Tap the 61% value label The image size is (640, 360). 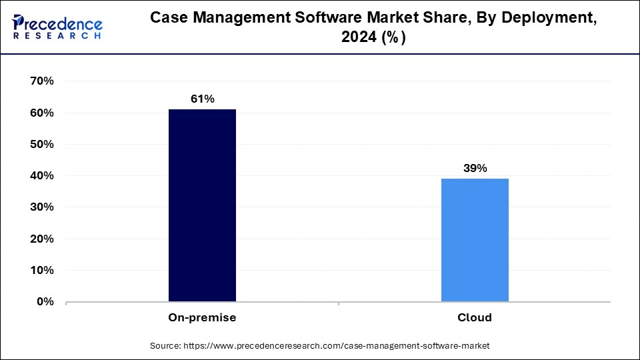(202, 99)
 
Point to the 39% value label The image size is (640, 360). (475, 168)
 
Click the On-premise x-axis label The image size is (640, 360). (202, 318)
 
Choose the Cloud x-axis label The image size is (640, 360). (475, 318)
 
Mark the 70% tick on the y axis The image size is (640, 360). (41, 81)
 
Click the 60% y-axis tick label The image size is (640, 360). (41, 113)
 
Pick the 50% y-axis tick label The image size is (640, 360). (41, 145)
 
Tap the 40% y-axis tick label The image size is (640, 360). (41, 176)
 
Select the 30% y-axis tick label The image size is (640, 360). (41, 207)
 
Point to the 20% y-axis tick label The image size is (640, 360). (41, 239)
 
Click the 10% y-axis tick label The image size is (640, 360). (41, 271)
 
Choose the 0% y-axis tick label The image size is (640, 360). (45, 302)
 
